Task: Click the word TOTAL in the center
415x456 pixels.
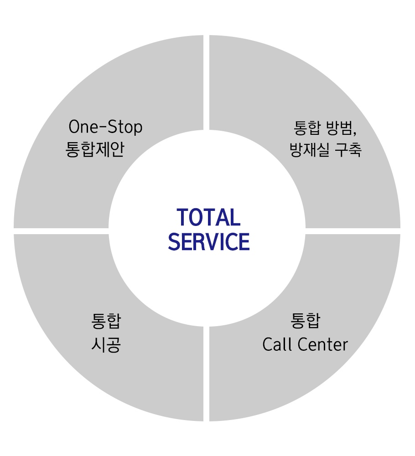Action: (208, 218)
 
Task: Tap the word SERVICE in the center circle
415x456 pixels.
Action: (209, 242)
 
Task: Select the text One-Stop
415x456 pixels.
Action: (105, 128)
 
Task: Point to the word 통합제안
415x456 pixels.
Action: (95, 149)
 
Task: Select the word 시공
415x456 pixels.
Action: (106, 344)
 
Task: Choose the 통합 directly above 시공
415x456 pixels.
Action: (106, 322)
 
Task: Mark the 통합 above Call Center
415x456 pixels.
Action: (305, 321)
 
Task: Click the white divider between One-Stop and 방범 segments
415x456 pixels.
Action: (206, 82)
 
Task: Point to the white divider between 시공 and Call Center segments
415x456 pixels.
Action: (206, 374)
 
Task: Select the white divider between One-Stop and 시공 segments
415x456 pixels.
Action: (62, 231)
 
